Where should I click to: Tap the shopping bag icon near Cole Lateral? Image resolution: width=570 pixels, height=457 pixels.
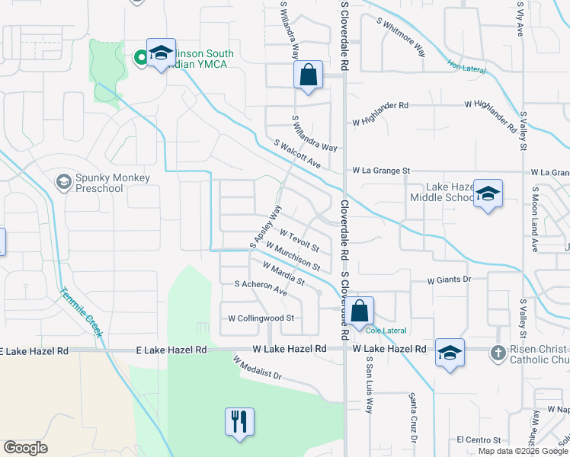click(x=362, y=309)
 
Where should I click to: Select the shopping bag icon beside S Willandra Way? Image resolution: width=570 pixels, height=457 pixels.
click(x=308, y=75)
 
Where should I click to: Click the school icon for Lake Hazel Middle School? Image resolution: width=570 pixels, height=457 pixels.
click(x=488, y=193)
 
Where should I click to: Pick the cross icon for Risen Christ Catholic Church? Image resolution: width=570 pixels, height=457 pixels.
click(x=498, y=353)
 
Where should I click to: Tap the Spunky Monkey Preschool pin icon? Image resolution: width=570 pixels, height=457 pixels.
click(x=63, y=182)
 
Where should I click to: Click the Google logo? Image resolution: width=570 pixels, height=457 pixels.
click(x=26, y=448)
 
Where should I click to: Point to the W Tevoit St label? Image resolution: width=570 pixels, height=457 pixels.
click(x=299, y=241)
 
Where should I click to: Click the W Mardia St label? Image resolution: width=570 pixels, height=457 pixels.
click(x=283, y=274)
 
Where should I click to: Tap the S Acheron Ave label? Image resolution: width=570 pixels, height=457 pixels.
click(x=261, y=287)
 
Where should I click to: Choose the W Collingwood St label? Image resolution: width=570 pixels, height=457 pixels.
click(x=261, y=318)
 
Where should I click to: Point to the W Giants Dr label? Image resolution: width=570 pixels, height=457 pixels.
click(x=450, y=280)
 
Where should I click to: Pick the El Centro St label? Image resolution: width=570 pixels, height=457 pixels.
click(x=479, y=440)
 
